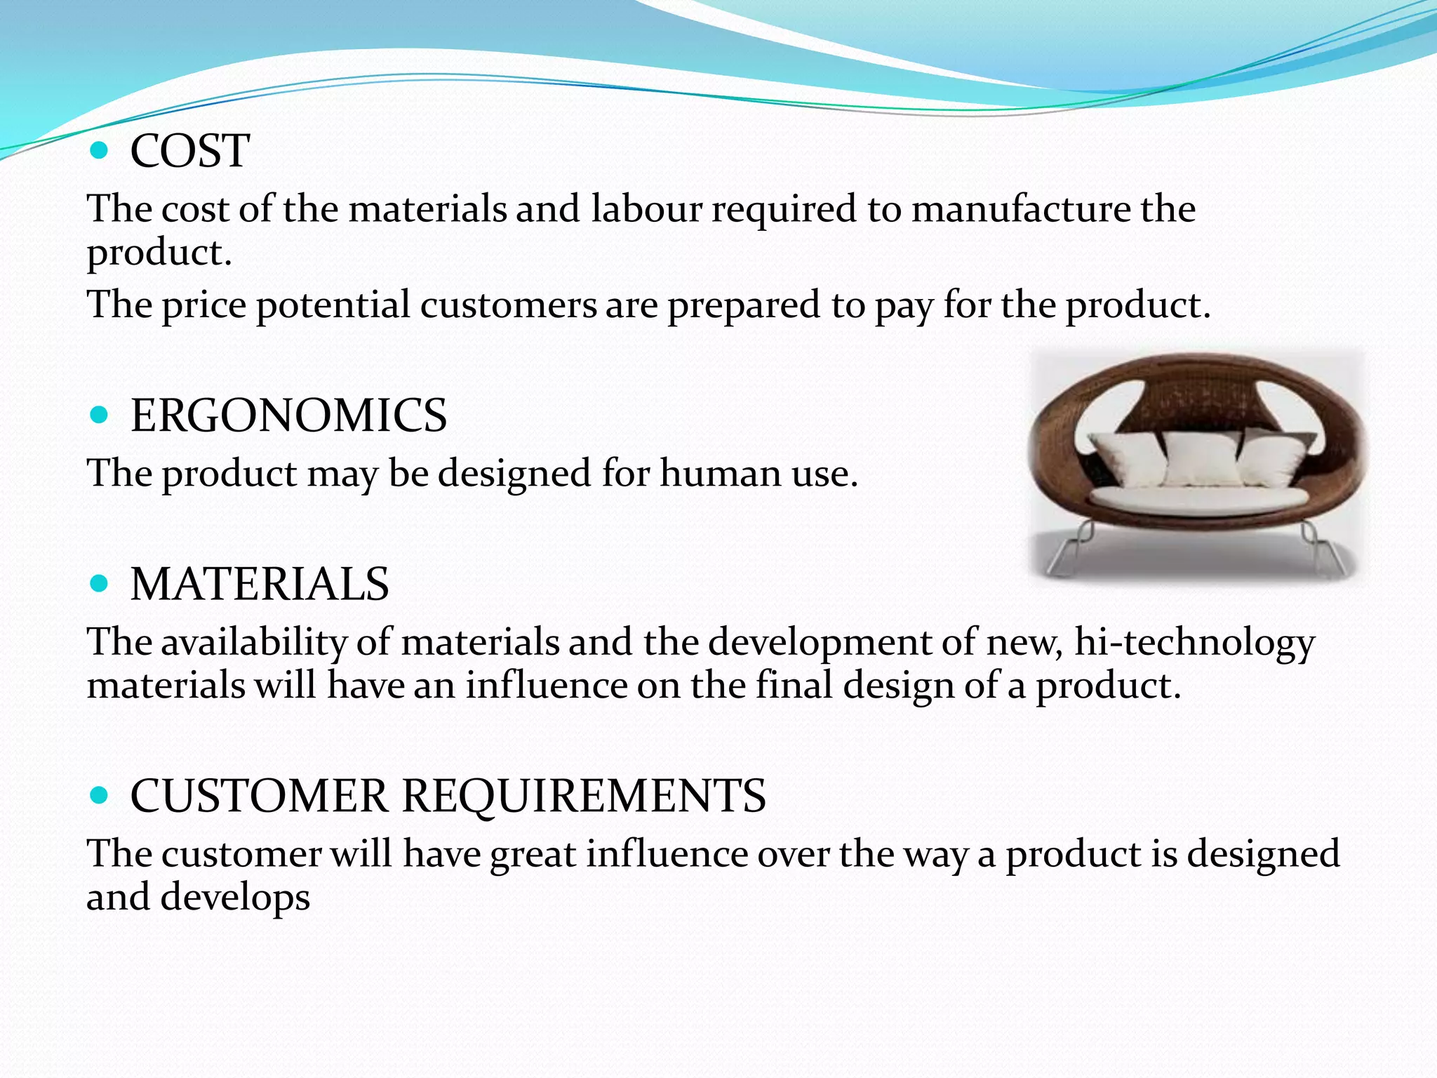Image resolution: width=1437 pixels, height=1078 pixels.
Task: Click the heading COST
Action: pos(189,151)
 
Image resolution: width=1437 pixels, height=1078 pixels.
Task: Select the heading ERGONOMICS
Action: pos(288,415)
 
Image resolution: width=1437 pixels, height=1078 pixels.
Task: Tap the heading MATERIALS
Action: pos(260,584)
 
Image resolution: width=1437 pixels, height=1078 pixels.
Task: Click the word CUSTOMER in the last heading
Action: pos(259,796)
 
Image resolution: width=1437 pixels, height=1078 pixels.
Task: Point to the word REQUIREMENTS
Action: pos(584,796)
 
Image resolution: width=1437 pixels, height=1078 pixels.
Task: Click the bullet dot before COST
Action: pos(100,149)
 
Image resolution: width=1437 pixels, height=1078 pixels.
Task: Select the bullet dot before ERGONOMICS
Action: pos(100,415)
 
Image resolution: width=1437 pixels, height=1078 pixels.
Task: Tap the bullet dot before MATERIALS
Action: pos(100,583)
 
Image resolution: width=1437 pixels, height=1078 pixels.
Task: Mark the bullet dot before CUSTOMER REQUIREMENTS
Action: pos(100,795)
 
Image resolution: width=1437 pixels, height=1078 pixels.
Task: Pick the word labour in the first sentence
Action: pos(646,209)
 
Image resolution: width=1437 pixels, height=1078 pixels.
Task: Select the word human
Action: pos(720,473)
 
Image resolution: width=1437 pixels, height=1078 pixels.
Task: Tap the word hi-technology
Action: pos(1194,642)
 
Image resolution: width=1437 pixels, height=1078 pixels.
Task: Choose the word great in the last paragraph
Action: pos(533,854)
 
